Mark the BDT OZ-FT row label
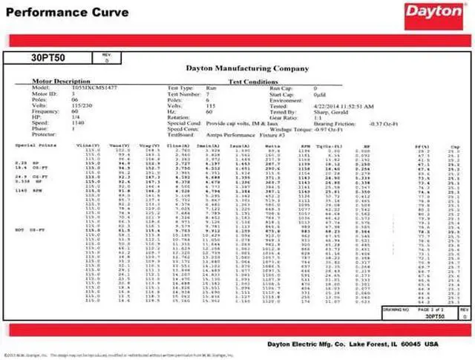[x=25, y=231]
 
